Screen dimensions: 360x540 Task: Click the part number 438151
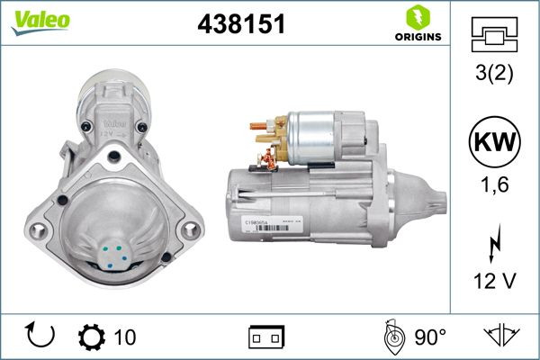click(241, 25)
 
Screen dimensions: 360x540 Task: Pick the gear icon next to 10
click(92, 337)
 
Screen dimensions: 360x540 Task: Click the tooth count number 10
click(125, 337)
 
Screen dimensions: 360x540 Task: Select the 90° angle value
click(429, 337)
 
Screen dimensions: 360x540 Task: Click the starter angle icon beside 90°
click(391, 337)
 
